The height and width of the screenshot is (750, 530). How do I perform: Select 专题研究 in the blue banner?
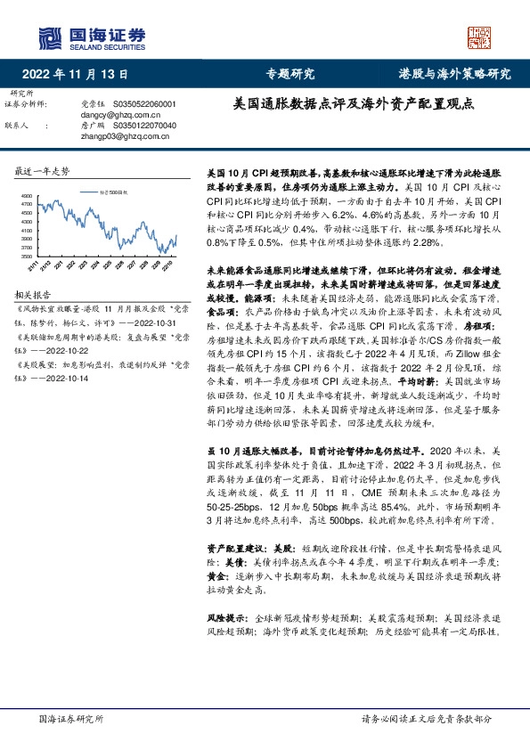pyautogui.click(x=291, y=74)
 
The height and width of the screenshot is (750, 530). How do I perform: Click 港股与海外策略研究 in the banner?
pyautogui.click(x=454, y=74)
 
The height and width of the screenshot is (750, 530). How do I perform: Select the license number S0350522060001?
pyautogui.click(x=143, y=104)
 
